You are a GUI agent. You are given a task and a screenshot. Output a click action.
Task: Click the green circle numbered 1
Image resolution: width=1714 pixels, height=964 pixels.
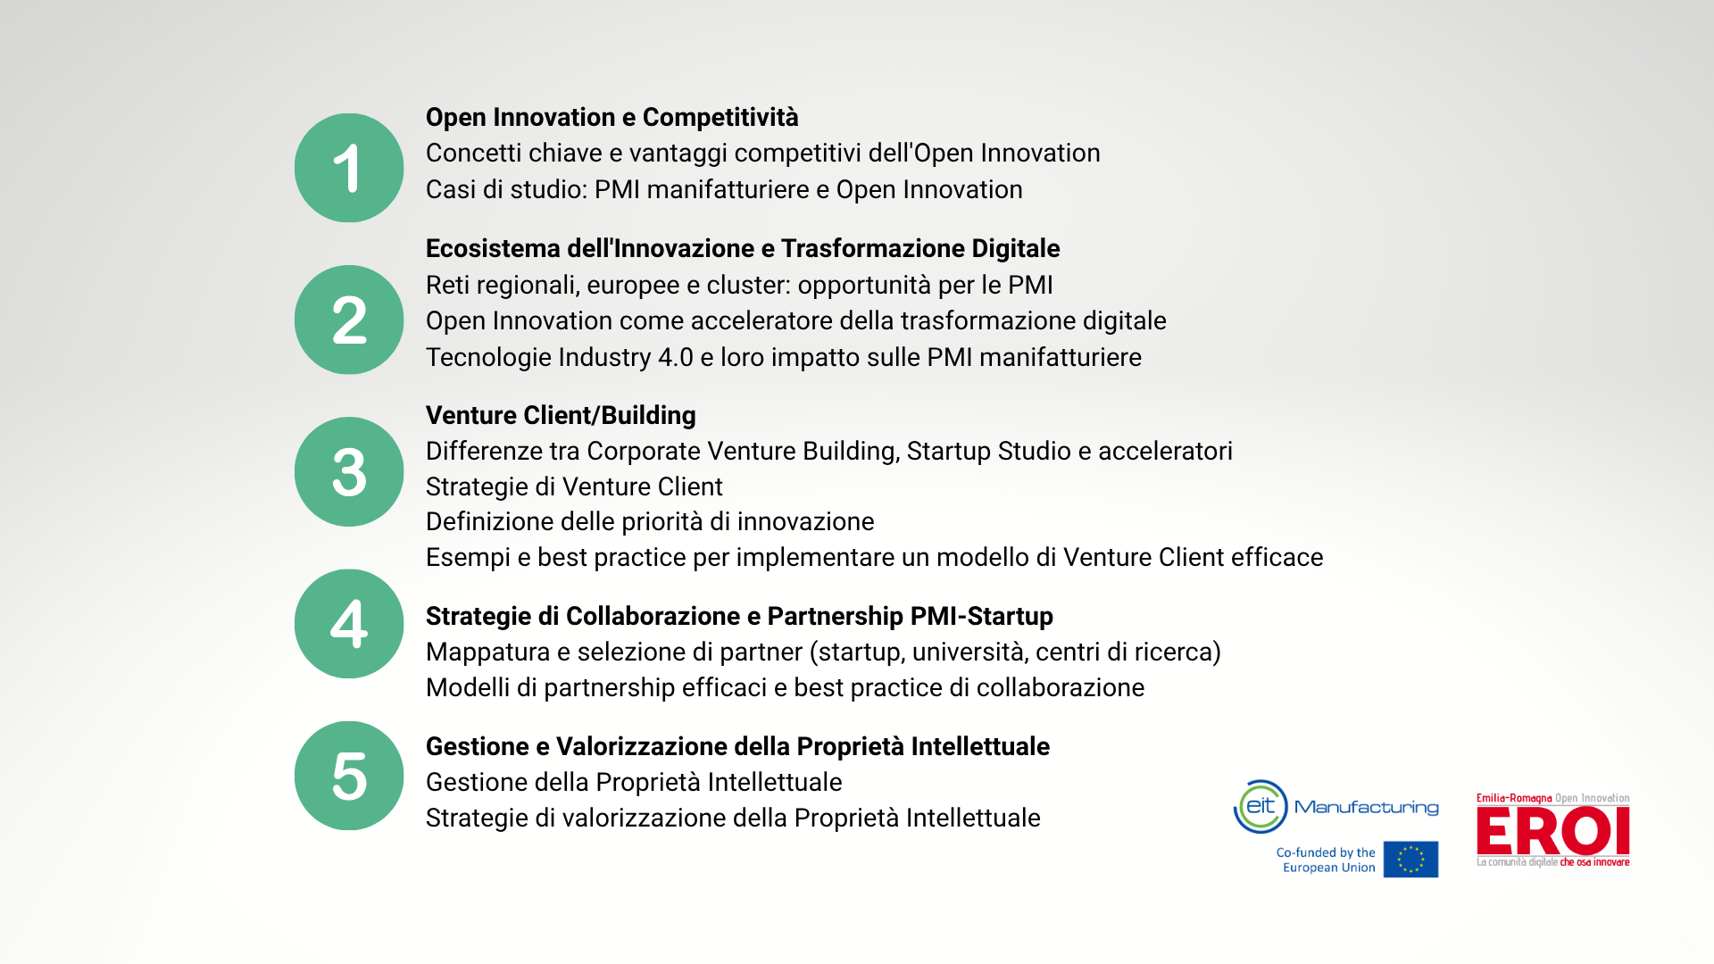coord(349,168)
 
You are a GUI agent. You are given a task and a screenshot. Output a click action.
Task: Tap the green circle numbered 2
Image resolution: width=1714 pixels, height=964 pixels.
coord(349,320)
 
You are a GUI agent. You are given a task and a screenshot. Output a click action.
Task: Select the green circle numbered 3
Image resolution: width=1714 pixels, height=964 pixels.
coord(349,471)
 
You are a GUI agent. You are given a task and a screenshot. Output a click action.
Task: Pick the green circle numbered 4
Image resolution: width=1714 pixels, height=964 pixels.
coord(349,624)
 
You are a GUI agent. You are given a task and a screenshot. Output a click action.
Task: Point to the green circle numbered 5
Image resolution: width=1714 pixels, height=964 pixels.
coord(349,776)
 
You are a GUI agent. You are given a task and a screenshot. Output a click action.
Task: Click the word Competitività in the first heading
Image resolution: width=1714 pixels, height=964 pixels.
coord(720,118)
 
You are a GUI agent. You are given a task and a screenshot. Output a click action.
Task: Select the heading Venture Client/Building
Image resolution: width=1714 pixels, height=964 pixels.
coord(561,416)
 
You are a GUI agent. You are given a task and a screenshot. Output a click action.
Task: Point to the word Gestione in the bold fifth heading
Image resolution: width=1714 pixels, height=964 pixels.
coord(478,746)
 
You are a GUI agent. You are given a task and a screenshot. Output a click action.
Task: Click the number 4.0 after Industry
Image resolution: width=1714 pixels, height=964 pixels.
coord(676,358)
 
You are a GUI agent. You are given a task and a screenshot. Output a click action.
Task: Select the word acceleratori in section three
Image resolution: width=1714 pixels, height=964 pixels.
coord(1165,452)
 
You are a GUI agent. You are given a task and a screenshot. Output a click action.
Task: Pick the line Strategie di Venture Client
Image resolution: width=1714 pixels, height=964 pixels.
coord(574,487)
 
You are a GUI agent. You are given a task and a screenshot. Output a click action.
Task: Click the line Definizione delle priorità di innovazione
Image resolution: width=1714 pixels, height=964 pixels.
coord(650,522)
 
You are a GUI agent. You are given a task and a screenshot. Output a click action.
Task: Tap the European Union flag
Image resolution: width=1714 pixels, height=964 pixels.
coord(1410,860)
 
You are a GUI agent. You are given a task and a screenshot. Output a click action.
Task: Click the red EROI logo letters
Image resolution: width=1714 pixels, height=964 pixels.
coord(1553,831)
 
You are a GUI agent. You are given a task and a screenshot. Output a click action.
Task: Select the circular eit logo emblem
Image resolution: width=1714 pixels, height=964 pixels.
coord(1261,807)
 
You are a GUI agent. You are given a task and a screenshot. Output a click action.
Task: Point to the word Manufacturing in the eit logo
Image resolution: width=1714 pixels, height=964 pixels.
coord(1367,808)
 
